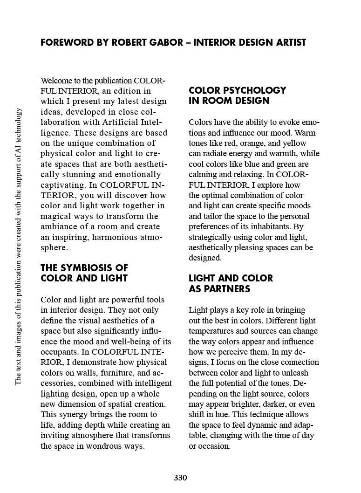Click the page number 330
(x=180, y=478)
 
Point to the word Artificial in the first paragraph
(x=120, y=123)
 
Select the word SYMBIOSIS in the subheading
(x=88, y=268)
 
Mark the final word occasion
(x=214, y=446)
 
